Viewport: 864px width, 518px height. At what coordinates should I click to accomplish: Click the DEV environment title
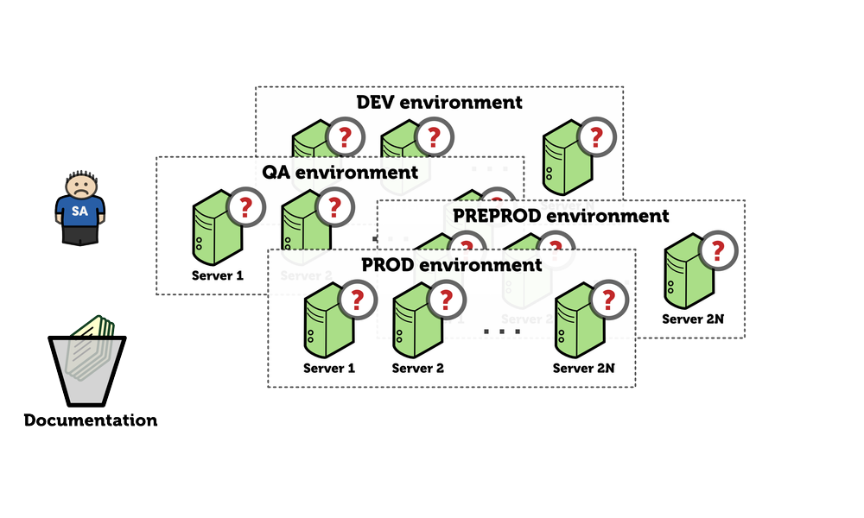pos(439,102)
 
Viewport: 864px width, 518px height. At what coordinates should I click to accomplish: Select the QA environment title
pos(340,172)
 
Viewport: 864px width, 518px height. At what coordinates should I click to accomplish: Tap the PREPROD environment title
pos(560,215)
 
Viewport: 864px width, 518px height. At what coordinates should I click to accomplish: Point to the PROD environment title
pos(451,264)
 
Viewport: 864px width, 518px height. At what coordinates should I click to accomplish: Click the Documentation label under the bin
pos(90,421)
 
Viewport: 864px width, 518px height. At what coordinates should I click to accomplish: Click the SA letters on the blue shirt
pos(79,211)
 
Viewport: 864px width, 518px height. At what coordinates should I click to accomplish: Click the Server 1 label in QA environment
pos(217,276)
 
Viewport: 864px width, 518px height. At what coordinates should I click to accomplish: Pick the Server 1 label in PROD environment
pos(328,368)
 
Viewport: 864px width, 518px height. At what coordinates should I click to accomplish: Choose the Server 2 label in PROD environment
pos(417,368)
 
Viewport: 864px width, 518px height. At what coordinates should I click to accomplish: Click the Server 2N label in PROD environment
pos(583,368)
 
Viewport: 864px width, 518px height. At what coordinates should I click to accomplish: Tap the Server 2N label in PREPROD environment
pos(693,319)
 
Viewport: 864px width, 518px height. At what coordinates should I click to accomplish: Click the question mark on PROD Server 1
pos(357,300)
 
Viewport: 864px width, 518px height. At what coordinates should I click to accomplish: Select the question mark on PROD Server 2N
pos(608,300)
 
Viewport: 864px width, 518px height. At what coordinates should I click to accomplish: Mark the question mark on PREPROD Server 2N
pos(717,251)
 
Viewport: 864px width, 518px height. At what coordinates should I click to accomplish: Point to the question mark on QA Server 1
pos(245,206)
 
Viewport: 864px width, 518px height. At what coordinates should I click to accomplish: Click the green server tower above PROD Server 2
pos(413,323)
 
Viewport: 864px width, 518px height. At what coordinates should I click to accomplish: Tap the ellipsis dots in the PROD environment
pos(501,331)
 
